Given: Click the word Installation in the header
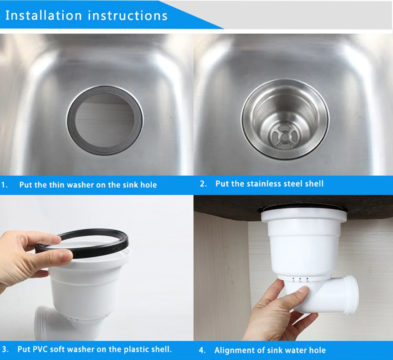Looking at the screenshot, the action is click(x=44, y=16).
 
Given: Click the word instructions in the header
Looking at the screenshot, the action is click(x=128, y=16).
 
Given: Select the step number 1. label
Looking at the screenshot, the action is click(x=4, y=185).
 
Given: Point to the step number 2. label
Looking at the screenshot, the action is click(x=203, y=184).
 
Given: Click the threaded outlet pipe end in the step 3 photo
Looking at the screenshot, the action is click(x=40, y=322).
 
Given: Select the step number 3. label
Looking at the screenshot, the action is click(x=5, y=349).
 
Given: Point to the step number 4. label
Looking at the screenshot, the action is click(x=202, y=350).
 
